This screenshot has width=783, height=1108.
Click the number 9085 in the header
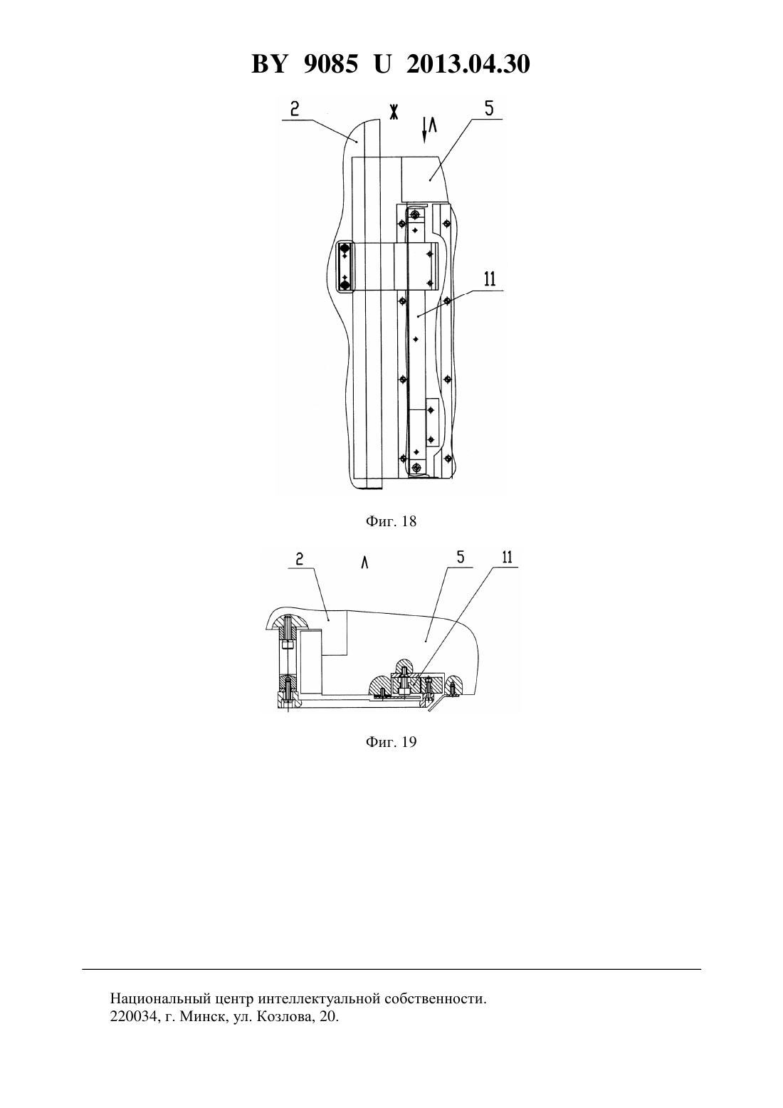coord(330,64)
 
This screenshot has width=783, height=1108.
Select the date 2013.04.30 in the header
coord(468,64)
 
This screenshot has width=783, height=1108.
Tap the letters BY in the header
coord(269,64)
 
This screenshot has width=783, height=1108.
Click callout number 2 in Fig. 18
coord(295,109)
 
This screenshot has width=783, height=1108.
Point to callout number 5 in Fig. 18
coord(489,108)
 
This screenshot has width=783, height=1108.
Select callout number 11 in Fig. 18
coord(490,279)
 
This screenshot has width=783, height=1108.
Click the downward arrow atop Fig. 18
coord(424,130)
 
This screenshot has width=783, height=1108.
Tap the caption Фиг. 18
coord(391,521)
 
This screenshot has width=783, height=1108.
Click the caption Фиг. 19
coord(391,742)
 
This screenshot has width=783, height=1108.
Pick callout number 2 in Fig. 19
coord(299,559)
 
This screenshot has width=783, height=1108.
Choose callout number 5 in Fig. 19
coord(461,558)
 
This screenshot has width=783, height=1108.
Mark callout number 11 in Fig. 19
coord(507,558)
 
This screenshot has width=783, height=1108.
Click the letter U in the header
coord(382,64)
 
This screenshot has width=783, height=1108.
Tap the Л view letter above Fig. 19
coord(364,563)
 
